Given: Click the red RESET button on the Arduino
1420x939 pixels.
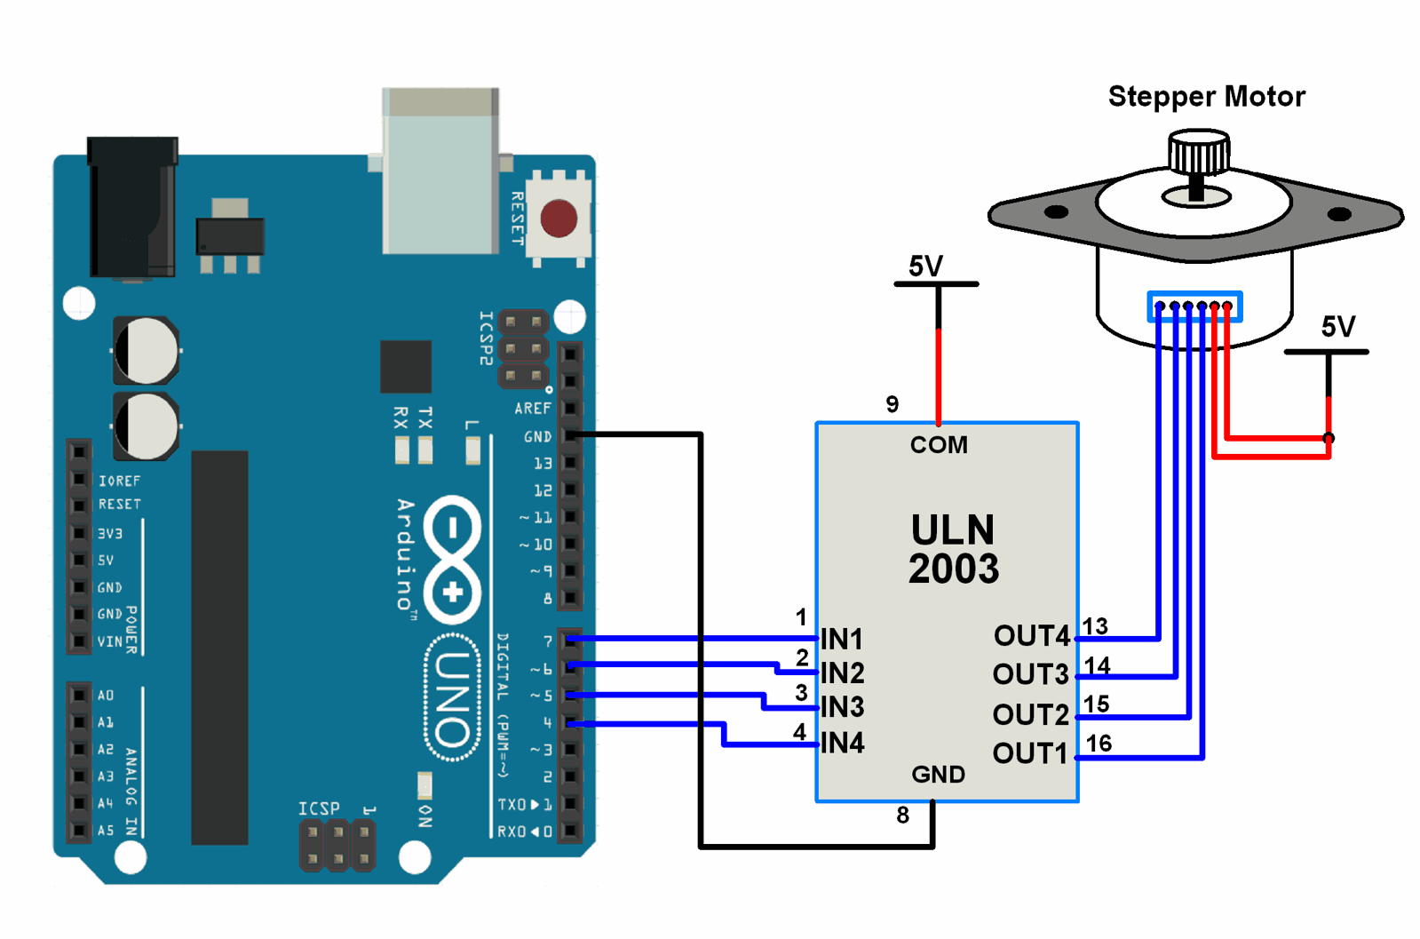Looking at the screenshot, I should tap(559, 219).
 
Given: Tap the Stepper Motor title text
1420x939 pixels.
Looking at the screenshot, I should tap(1206, 96).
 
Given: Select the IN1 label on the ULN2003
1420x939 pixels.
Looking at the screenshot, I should tap(842, 639).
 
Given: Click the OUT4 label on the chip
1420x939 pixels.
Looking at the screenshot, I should tap(1031, 636).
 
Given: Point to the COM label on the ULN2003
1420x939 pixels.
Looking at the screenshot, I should tap(939, 445).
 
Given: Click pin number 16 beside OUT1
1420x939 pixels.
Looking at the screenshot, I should tap(1099, 744).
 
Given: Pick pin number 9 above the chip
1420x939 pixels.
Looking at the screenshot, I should tap(892, 405).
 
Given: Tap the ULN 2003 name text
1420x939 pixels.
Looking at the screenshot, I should tap(953, 549).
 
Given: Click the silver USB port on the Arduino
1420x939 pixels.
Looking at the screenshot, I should tap(440, 171).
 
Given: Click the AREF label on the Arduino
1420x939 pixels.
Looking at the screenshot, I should tap(533, 409).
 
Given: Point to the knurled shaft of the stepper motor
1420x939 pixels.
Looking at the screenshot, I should tap(1199, 155).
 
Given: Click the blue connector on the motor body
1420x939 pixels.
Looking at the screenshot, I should tap(1194, 306).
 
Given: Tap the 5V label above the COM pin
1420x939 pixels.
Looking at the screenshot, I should tap(925, 267).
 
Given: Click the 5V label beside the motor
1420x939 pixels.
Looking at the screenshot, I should tap(1337, 327).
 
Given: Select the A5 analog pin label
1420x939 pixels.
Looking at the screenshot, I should tap(106, 831).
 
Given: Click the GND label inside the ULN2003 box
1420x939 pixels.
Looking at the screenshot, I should tap(938, 775).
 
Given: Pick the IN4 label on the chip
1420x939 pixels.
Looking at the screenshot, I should tap(842, 743).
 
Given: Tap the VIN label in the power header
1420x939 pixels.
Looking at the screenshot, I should tap(109, 641).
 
